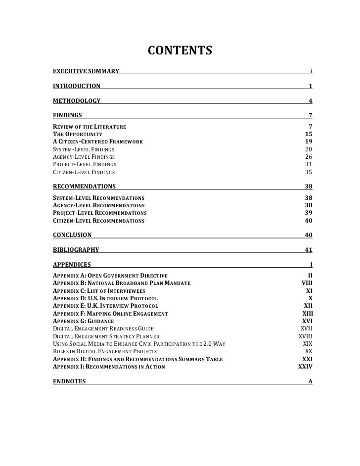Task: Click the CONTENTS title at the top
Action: (x=180, y=51)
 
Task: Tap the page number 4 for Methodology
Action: (x=310, y=101)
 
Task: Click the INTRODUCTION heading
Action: (x=76, y=86)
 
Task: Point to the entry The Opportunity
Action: (x=77, y=134)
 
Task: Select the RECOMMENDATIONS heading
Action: (x=84, y=187)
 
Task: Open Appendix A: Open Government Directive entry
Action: (x=110, y=275)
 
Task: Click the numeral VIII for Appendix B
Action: (x=307, y=282)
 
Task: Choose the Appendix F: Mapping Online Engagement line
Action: (x=110, y=314)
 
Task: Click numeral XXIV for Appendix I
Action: (x=305, y=367)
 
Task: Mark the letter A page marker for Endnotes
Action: (x=310, y=381)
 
